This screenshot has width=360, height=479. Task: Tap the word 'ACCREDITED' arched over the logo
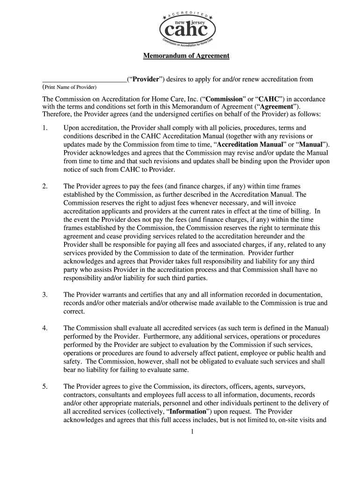187,14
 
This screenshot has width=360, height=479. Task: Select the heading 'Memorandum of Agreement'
186,56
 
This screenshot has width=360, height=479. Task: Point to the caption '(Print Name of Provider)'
70,87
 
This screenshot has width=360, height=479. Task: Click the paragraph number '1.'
45,128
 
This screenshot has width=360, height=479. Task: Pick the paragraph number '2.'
45,186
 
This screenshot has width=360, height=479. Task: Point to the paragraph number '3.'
45,295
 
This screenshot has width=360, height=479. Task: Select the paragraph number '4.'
45,328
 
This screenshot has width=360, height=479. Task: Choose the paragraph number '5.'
45,386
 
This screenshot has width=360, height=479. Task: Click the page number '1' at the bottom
192,431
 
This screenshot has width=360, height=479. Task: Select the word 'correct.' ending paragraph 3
74,312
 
